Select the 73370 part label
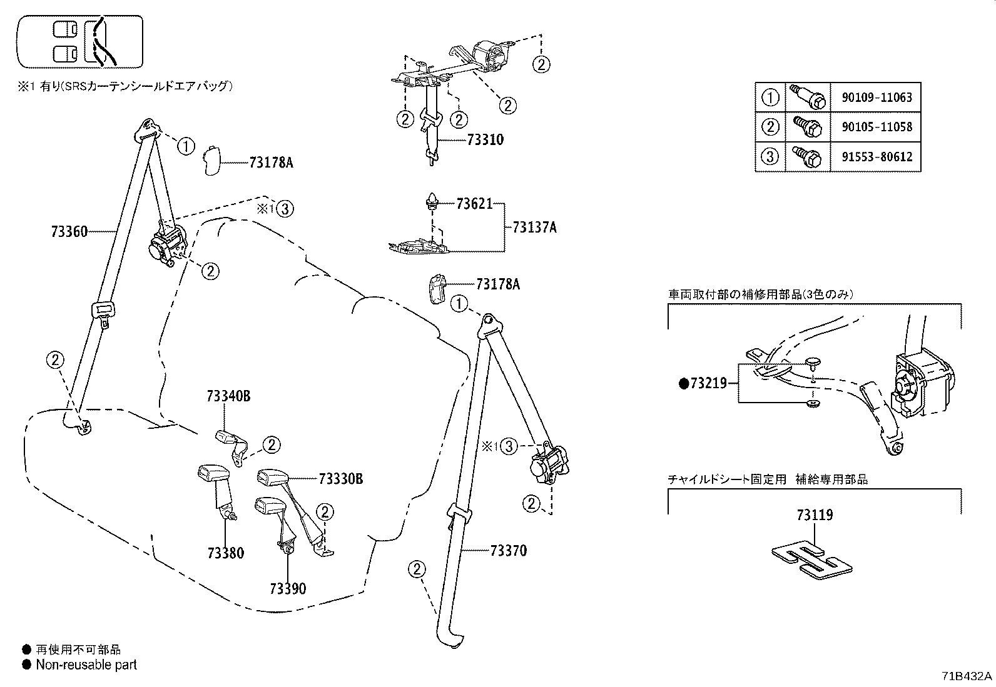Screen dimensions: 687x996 [508, 551]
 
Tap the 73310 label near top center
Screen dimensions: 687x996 [485, 140]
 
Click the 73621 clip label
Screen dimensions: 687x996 [474, 203]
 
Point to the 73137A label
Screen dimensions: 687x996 [534, 227]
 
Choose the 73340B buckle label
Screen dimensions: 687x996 [228, 396]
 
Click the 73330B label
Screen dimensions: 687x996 [340, 479]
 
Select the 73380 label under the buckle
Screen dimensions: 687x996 [226, 553]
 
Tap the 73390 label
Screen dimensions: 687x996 [288, 588]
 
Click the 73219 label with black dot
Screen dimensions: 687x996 [708, 383]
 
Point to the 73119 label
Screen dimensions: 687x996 [815, 516]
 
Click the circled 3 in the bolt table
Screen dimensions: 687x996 [771, 156]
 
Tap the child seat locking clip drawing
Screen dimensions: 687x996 [812, 557]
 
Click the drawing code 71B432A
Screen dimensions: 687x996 [967, 676]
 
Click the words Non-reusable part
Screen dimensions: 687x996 [86, 665]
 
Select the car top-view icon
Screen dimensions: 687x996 [80, 42]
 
